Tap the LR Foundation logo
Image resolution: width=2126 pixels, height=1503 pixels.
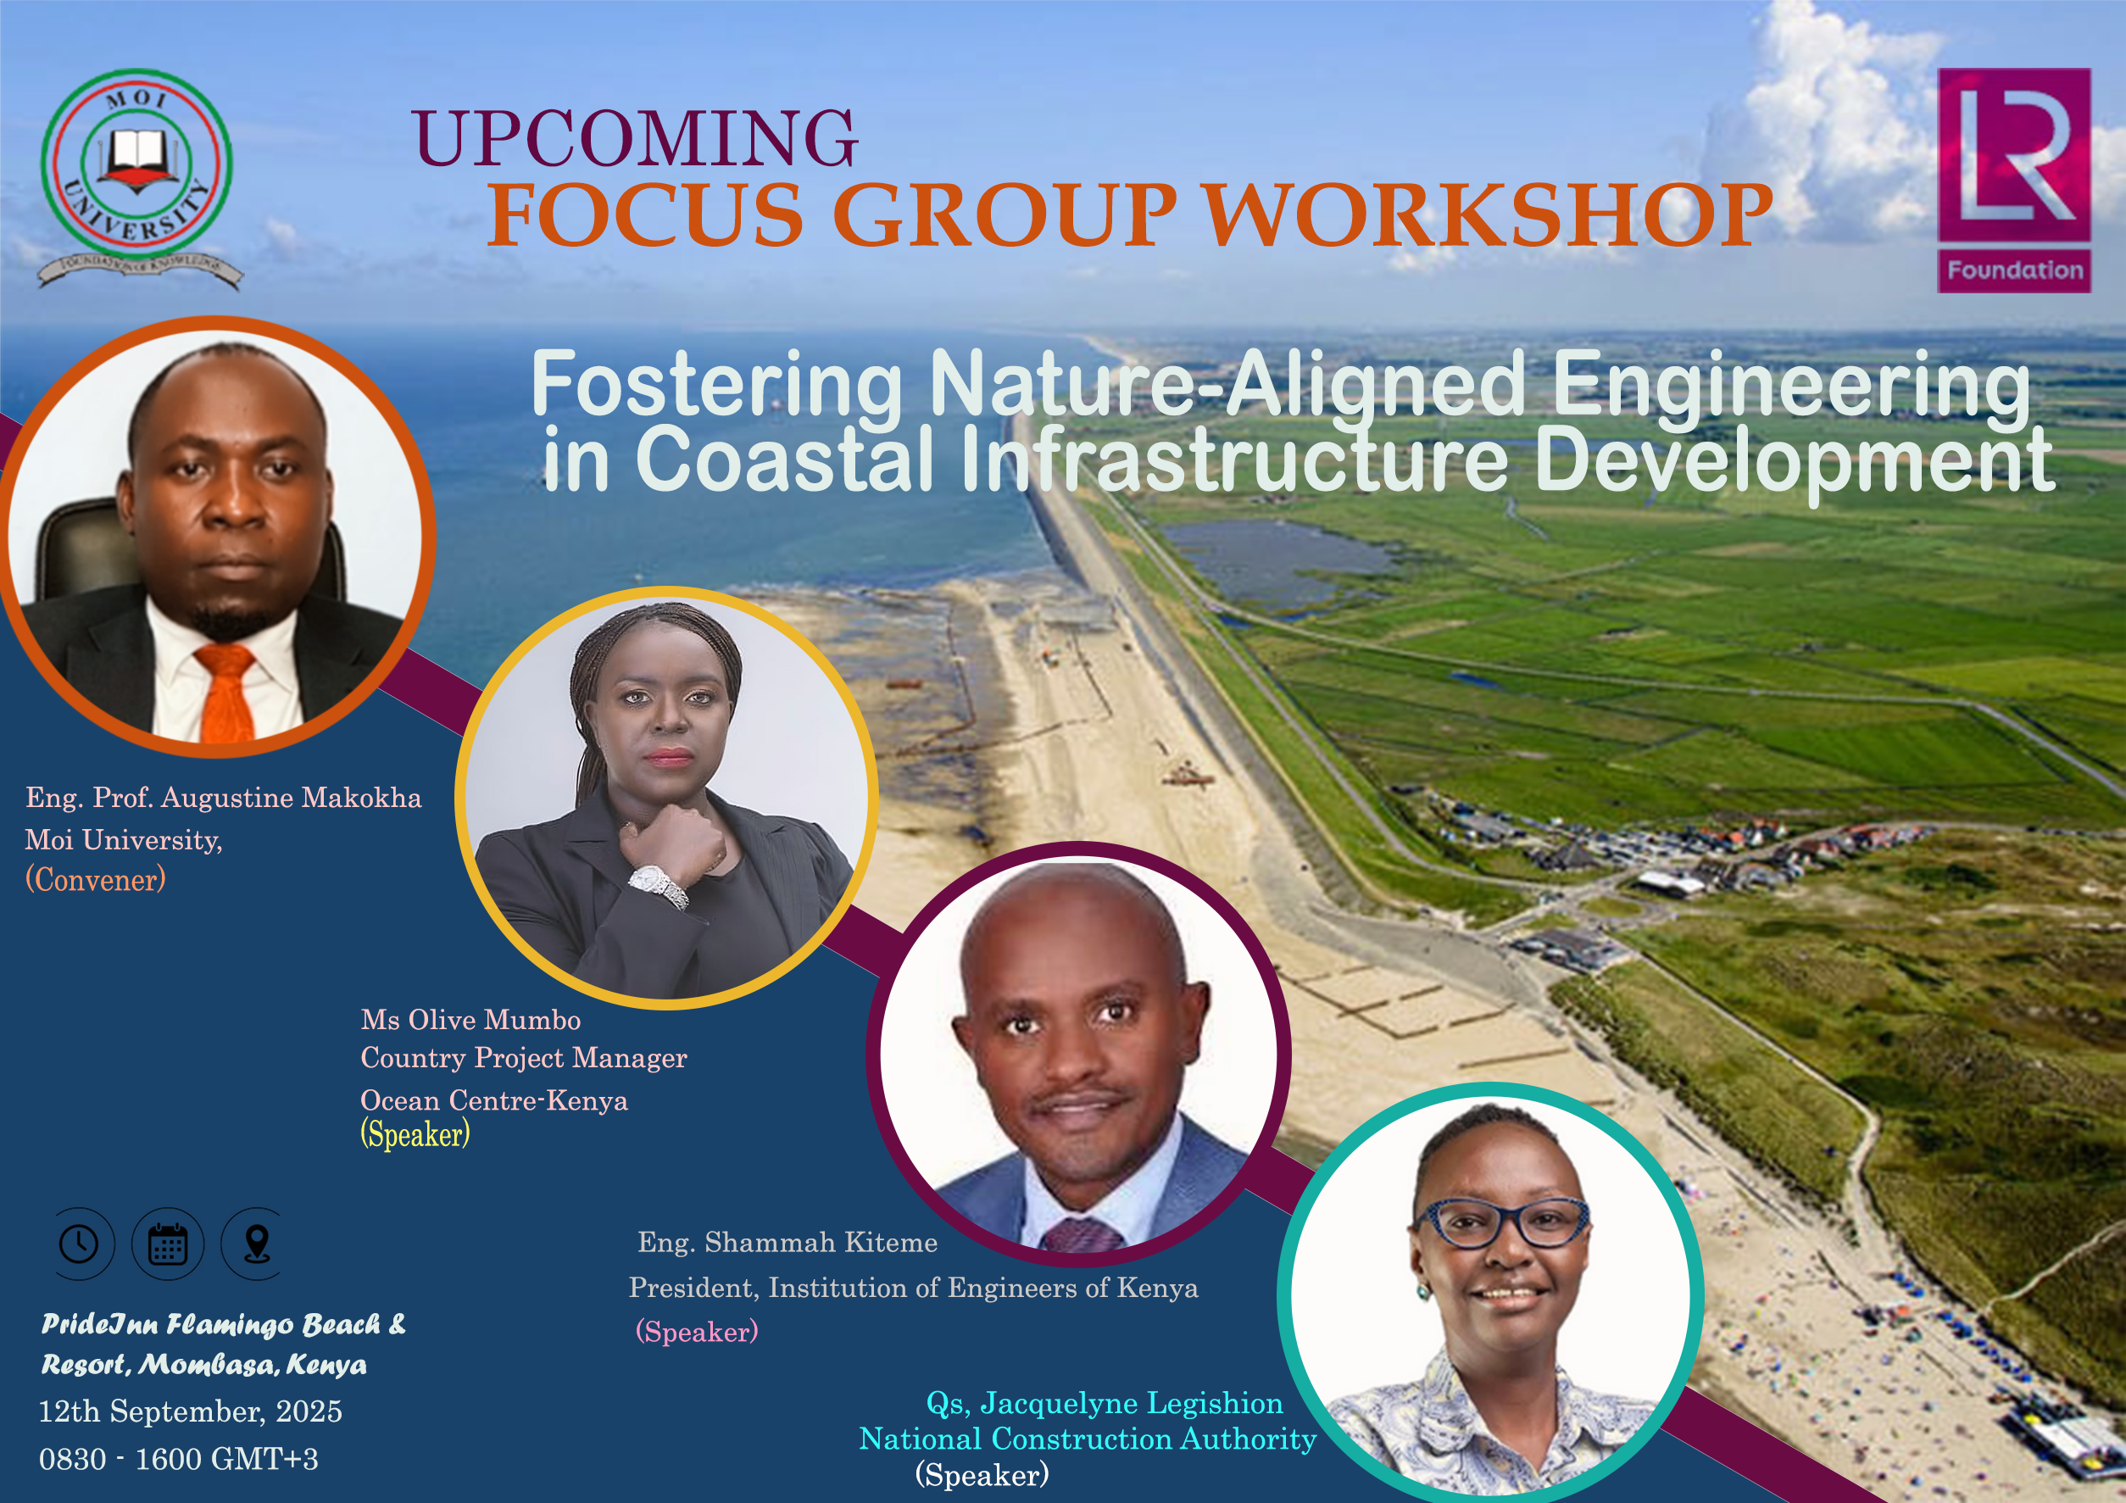pos(2014,181)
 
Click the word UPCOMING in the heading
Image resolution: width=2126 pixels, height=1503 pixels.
pos(635,138)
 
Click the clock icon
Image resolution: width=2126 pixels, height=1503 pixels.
pos(80,1244)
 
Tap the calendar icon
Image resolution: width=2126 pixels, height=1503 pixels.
pos(168,1244)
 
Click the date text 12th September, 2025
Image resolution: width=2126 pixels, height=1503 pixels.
pos(191,1411)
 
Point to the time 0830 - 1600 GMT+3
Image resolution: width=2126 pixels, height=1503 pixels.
pos(179,1459)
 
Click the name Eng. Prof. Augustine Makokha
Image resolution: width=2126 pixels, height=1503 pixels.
pos(223,798)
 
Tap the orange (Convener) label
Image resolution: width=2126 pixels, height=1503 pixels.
pos(96,879)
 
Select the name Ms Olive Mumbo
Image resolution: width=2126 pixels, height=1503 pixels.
pos(470,1020)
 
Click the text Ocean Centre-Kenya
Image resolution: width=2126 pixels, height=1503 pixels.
pos(493,1100)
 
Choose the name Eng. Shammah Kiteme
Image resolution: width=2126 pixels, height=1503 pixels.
pos(787,1242)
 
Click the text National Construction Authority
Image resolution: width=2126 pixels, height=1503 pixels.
pos(1087,1439)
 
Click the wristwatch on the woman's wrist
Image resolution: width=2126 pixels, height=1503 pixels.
pos(660,886)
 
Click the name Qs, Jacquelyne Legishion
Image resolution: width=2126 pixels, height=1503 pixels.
pos(1105,1403)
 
